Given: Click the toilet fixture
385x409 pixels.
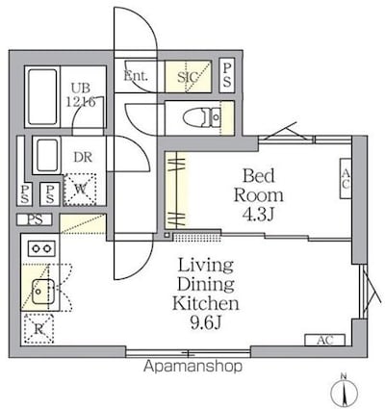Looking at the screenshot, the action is click(202, 117).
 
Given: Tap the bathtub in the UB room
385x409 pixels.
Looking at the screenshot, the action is click(42, 96).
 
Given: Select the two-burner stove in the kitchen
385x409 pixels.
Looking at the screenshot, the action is click(41, 248).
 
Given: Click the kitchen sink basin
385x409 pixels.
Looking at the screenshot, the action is click(42, 292).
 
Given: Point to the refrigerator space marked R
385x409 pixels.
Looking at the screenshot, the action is click(38, 328).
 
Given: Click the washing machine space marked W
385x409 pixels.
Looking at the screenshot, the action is click(80, 190).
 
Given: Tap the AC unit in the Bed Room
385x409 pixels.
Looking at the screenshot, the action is click(346, 178).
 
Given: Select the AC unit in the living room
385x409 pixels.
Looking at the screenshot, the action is click(324, 340).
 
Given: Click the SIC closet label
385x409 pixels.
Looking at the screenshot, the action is click(187, 77).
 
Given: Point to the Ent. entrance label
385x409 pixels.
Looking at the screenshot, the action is click(136, 76).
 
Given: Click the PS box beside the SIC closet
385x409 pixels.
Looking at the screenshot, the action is click(227, 75).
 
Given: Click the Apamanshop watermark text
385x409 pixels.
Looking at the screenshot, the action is click(192, 366).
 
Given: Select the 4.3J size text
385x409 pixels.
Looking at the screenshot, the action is click(258, 215).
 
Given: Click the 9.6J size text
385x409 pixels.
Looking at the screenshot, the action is click(206, 322).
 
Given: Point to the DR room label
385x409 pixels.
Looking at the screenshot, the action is click(83, 157).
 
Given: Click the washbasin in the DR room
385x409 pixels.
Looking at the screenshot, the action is click(47, 155).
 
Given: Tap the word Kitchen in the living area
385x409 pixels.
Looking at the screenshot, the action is click(205, 303).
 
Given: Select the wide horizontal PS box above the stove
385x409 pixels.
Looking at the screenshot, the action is click(35, 219).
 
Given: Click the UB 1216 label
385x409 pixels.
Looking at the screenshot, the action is click(81, 95).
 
